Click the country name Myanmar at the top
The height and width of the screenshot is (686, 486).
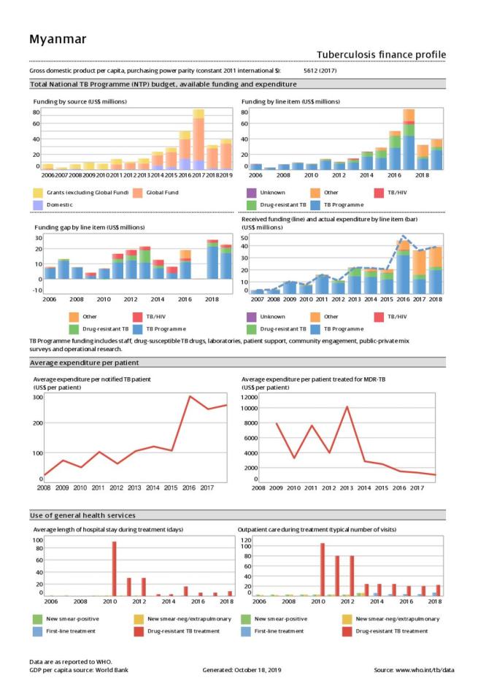tap(57, 38)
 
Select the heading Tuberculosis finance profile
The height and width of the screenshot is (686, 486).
tap(381, 55)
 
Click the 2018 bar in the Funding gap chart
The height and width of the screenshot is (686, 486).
tap(212, 260)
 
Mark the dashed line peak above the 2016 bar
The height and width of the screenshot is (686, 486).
tap(404, 236)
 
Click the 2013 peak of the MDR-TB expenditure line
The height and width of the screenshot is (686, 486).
tap(347, 406)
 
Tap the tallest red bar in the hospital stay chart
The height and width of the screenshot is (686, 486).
tap(114, 569)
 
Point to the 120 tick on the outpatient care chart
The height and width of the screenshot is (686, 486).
tap(247, 540)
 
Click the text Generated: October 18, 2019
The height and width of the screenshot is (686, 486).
tap(242, 669)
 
